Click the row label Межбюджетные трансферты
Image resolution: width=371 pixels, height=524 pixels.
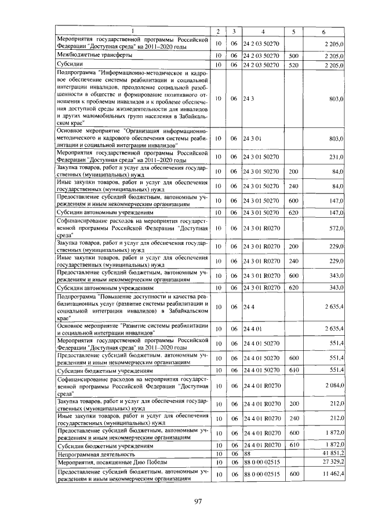[93, 54]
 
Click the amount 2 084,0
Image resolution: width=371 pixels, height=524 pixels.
[333, 386]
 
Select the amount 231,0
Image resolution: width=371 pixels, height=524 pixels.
[337, 156]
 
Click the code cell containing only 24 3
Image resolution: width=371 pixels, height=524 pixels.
[250, 99]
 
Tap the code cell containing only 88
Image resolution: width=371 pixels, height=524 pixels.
[248, 455]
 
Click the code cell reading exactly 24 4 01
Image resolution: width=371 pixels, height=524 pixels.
[254, 329]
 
